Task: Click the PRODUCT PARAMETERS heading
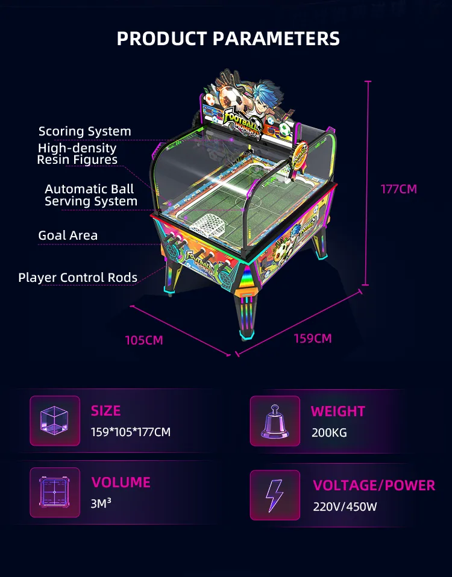(x=228, y=39)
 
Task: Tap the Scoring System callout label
(x=84, y=131)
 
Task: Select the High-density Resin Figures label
(x=77, y=154)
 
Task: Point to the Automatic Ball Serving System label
(x=91, y=195)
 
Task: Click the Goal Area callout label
(x=67, y=235)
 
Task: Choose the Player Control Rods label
(x=78, y=278)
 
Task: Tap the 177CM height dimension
(x=398, y=189)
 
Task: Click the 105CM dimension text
(x=144, y=340)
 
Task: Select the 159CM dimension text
(x=313, y=338)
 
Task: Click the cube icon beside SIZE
(x=54, y=420)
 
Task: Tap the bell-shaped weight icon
(x=275, y=422)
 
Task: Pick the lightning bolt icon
(x=275, y=495)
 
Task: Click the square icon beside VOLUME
(x=54, y=492)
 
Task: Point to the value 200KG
(x=329, y=432)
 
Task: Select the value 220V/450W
(x=345, y=507)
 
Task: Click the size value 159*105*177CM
(x=131, y=432)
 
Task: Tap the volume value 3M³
(x=101, y=503)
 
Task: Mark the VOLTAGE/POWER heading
(x=374, y=485)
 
